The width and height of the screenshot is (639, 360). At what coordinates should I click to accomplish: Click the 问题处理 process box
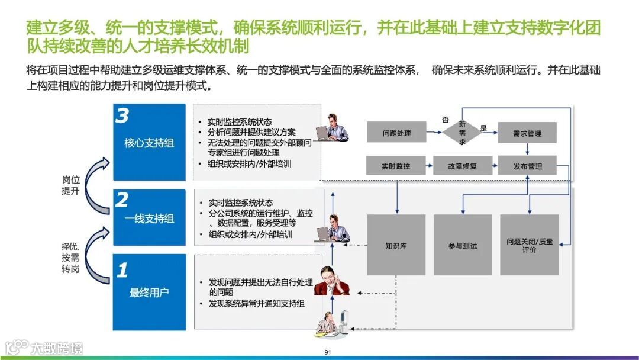(396, 133)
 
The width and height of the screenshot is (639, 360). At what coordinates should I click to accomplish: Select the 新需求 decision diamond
(463, 133)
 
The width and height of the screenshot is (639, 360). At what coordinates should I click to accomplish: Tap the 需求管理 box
(527, 133)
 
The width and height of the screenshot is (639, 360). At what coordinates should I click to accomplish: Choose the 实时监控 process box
(396, 166)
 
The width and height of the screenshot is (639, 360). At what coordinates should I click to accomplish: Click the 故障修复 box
(463, 166)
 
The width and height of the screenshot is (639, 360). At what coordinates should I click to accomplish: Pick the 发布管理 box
(527, 166)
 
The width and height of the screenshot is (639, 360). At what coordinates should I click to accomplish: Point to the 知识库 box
(396, 245)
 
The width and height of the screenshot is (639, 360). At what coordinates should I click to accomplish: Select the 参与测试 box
(463, 245)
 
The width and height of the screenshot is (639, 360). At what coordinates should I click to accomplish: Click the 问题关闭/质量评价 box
(530, 245)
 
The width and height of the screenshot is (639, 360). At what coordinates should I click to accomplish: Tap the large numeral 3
(121, 117)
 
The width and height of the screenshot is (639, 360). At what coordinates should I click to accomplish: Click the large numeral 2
(121, 200)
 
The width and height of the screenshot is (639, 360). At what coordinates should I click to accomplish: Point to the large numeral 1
(122, 271)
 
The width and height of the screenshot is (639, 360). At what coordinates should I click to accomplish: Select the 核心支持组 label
(149, 143)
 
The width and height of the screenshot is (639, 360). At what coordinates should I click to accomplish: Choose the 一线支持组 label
(149, 219)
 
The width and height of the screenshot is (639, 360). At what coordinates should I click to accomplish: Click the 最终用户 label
(149, 292)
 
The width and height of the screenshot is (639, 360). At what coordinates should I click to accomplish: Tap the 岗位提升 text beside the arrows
(70, 185)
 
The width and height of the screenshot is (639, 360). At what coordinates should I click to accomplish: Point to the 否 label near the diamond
(445, 120)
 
